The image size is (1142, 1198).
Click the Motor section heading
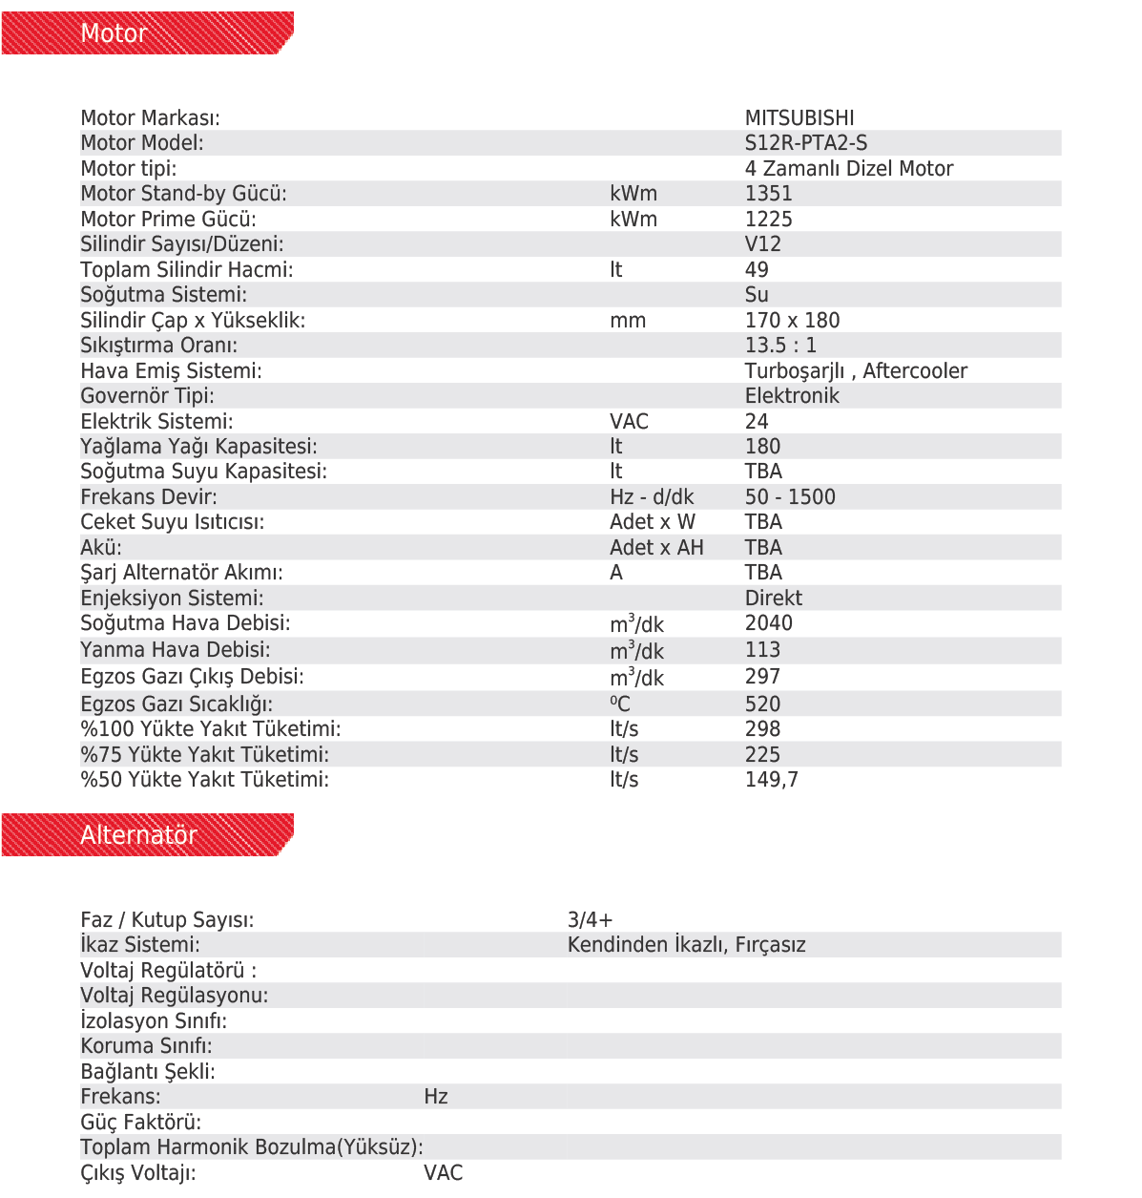(x=114, y=33)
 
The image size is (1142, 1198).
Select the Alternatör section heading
(x=138, y=835)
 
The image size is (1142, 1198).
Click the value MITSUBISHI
(x=799, y=118)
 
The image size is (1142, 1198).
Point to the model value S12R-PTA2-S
(x=806, y=143)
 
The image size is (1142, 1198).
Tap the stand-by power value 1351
(x=768, y=194)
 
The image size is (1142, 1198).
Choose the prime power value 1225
(x=768, y=220)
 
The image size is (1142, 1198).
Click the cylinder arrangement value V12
(x=762, y=244)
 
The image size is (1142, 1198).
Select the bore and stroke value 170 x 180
(x=792, y=321)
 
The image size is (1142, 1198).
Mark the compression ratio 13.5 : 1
(x=780, y=346)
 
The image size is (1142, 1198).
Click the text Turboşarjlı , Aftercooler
(x=856, y=371)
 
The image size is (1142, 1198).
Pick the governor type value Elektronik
(x=792, y=396)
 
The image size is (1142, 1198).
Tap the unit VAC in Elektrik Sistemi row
(x=629, y=422)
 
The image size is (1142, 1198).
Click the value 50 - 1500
(x=790, y=497)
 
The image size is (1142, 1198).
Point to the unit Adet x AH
(x=656, y=548)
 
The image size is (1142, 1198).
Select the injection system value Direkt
(x=773, y=599)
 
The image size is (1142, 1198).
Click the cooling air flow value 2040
(x=768, y=623)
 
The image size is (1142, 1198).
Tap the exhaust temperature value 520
(x=762, y=704)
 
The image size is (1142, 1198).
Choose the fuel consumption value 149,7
(x=771, y=780)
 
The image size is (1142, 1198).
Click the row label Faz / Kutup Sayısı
(x=167, y=920)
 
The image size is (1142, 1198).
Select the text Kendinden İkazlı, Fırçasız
(x=686, y=945)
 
